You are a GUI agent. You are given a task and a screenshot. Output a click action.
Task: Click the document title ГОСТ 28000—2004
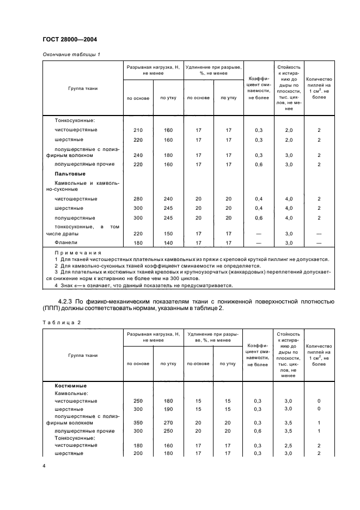[x=69, y=39]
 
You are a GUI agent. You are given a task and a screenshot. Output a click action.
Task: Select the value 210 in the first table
[x=138, y=130]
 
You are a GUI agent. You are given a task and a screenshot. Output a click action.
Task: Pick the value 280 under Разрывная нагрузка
[x=138, y=199]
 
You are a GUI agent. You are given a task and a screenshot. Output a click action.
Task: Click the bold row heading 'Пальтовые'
[x=70, y=173]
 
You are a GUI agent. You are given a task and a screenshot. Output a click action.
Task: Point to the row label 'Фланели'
[x=66, y=242]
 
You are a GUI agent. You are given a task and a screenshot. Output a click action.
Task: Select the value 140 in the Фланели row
[x=168, y=242]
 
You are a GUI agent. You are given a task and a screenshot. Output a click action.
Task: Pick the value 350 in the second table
[x=138, y=422]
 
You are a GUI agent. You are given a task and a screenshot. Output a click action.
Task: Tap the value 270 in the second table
[x=168, y=422]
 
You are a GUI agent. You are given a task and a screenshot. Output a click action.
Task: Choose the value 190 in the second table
[x=168, y=409]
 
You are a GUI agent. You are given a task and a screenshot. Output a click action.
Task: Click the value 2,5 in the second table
[x=289, y=445]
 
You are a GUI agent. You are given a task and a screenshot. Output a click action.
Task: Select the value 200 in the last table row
[x=138, y=453]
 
